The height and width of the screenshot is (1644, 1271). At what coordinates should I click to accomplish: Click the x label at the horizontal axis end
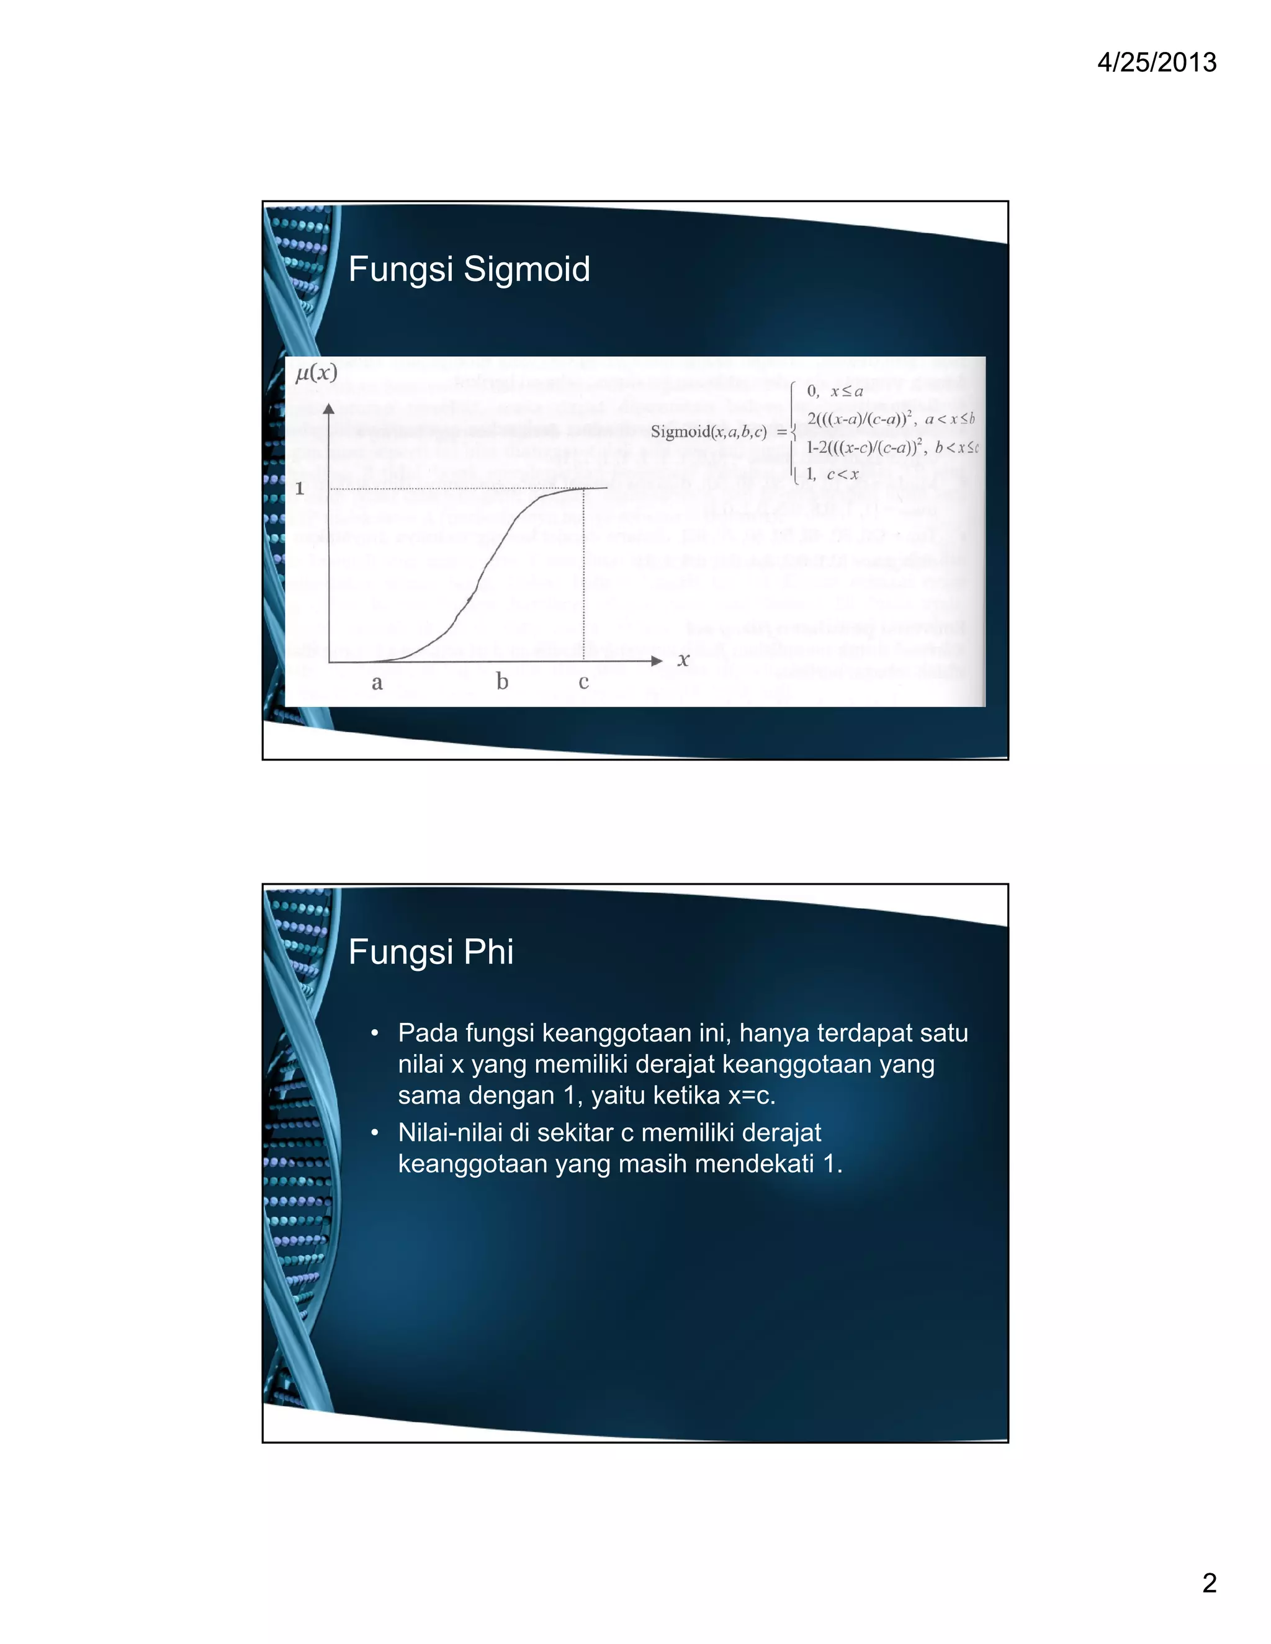pos(683,660)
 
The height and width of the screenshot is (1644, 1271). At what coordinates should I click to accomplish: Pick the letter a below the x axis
pos(377,683)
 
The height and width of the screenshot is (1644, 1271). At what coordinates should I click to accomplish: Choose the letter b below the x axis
pos(502,681)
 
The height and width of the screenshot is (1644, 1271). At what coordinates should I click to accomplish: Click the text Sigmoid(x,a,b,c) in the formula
pos(707,431)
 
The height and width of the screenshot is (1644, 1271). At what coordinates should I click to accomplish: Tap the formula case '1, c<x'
pos(832,474)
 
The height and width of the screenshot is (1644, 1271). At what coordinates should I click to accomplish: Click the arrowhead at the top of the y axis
pos(328,409)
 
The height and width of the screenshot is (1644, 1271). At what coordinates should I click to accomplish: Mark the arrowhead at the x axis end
pos(657,661)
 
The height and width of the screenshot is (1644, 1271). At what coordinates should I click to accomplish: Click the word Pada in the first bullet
pos(427,1033)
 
